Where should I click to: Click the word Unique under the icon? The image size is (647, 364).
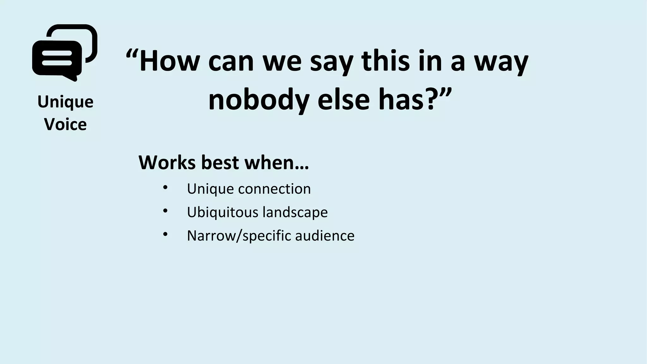[x=65, y=102]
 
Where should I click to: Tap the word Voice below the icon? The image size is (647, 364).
[x=65, y=124]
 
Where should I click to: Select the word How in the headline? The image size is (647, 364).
[x=169, y=61]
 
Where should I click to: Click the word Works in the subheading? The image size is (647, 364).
[x=166, y=162]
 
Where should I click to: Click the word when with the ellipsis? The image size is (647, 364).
[x=277, y=162]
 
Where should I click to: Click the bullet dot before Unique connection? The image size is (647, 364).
[x=165, y=187]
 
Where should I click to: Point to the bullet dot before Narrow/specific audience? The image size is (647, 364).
[x=165, y=234]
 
